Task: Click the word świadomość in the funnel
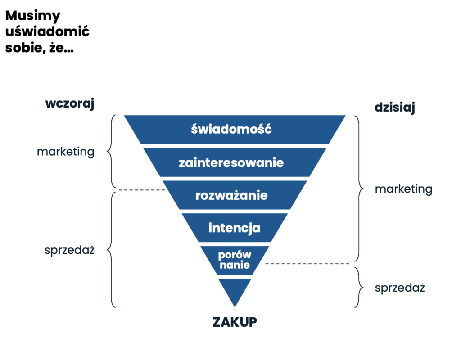coord(231,129)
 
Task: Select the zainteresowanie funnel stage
coord(231,162)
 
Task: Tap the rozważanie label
coord(231,195)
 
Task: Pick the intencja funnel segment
coord(234,228)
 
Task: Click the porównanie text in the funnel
coord(234,260)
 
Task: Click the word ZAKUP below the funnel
coord(235,322)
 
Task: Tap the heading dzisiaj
coord(394,108)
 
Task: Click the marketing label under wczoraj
coord(66,152)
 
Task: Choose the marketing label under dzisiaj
coord(403,189)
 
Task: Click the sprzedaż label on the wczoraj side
coord(69,250)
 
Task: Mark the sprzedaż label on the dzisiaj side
coord(400,288)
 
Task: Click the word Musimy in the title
coord(32,16)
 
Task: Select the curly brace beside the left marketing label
coord(111,151)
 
